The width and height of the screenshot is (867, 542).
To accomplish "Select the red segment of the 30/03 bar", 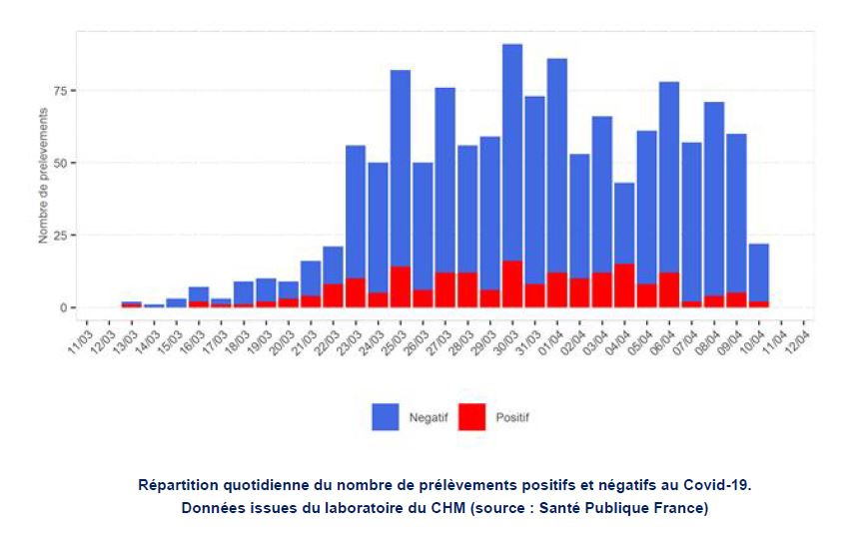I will (x=512, y=284).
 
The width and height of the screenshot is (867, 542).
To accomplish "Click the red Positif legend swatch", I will (x=471, y=417).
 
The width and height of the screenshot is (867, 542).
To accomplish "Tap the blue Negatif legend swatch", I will (x=386, y=417).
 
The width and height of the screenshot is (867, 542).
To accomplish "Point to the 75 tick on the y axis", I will (x=61, y=91).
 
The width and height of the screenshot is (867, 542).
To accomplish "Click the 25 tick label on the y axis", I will (x=61, y=236).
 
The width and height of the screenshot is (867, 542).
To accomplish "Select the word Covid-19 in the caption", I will (x=716, y=485).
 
